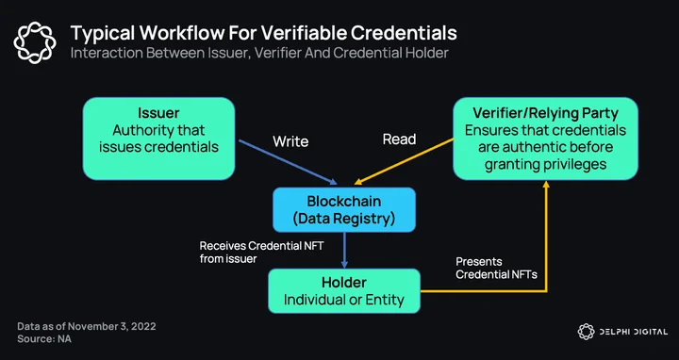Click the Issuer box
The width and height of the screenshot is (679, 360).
click(158, 139)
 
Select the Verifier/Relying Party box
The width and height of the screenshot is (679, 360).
click(545, 139)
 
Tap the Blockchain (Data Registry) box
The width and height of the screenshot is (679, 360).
click(344, 210)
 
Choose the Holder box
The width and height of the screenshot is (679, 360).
click(344, 291)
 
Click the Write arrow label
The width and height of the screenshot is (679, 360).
click(290, 141)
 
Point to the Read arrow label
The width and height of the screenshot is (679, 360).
click(399, 139)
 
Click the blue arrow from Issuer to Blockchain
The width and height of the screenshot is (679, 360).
click(288, 162)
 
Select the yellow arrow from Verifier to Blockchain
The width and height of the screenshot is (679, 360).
click(404, 161)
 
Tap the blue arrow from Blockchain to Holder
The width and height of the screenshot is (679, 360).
click(344, 250)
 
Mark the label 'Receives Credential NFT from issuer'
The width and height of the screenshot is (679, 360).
click(261, 253)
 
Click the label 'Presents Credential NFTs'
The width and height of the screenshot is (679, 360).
click(496, 268)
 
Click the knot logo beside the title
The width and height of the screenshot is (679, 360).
click(35, 42)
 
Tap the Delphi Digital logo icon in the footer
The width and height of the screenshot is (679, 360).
click(586, 332)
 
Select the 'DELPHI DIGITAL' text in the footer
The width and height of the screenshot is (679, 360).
click(634, 332)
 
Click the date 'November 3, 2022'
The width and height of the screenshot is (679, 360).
click(111, 326)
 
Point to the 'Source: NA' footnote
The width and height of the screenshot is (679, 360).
click(44, 339)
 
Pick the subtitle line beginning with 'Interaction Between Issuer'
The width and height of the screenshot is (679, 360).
click(259, 53)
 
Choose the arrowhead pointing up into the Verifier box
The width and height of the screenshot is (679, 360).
click(546, 184)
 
